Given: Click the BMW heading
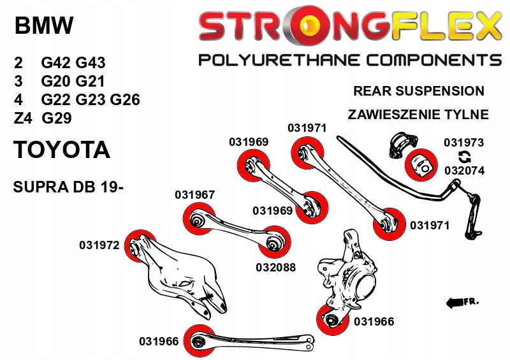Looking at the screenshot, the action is (x=43, y=26).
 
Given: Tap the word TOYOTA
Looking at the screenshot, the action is (x=61, y=150).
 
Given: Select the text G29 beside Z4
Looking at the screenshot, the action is (x=57, y=118).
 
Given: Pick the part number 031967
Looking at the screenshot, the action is (x=194, y=195).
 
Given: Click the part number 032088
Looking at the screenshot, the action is (x=275, y=268).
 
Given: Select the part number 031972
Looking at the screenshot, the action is (x=99, y=244).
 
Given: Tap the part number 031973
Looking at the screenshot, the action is (x=463, y=143).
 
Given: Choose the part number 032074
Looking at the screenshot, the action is (x=463, y=171).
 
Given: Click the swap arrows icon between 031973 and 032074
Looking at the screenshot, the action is (x=464, y=157).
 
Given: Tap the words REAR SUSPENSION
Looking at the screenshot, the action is (x=418, y=91).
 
